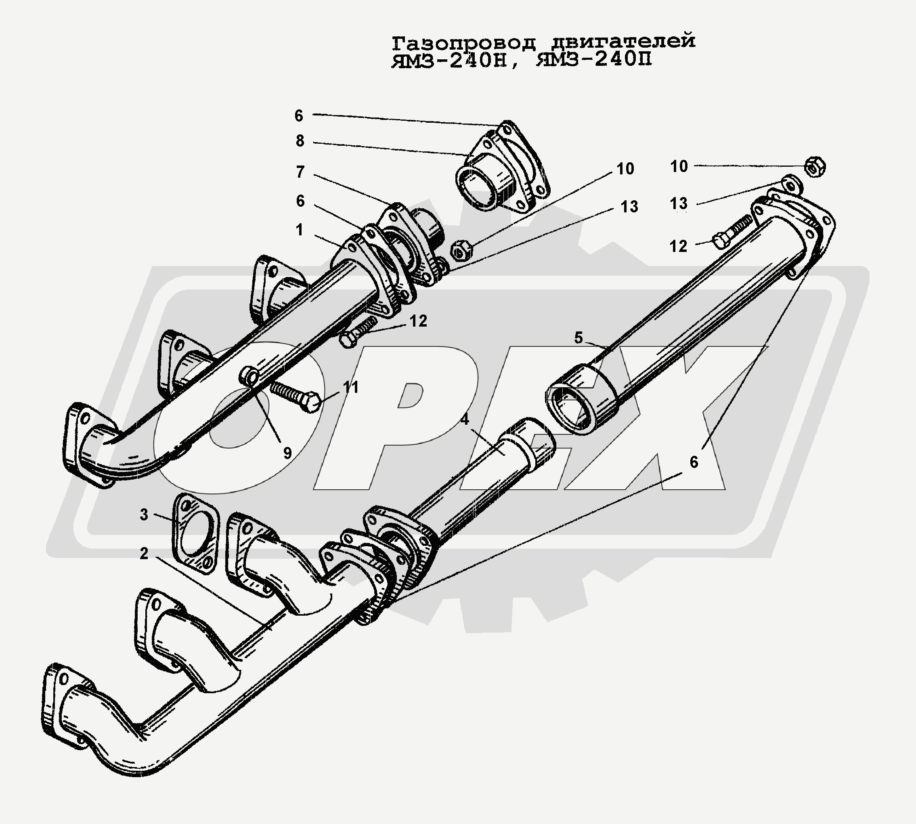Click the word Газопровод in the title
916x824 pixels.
[464, 42]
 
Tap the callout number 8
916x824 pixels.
[300, 141]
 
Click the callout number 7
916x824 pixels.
[300, 172]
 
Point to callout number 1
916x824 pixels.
[299, 231]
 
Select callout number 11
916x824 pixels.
[350, 388]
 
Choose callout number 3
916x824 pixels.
[144, 515]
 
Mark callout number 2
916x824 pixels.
[144, 553]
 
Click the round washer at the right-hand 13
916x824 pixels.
[791, 185]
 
